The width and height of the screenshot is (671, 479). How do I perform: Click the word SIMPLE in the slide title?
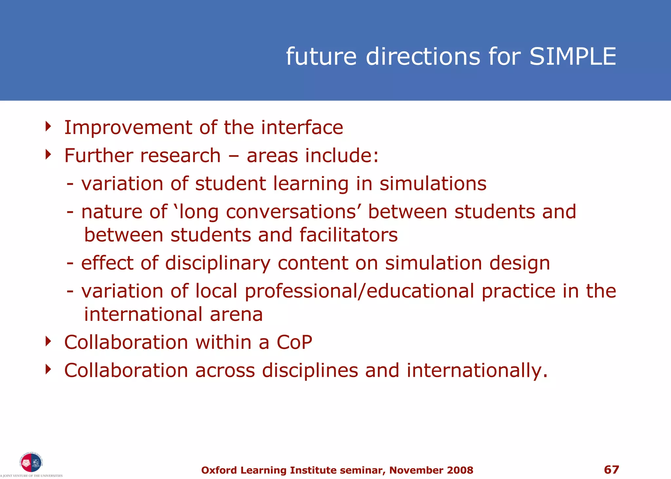(573, 57)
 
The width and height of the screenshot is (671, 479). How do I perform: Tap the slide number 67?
(611, 470)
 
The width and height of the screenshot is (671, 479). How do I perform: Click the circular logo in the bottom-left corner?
(31, 463)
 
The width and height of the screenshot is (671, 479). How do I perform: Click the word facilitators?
(348, 235)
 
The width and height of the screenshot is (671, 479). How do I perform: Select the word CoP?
(294, 342)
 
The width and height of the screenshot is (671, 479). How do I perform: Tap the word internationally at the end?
(477, 371)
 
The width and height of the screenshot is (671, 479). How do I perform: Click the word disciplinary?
(218, 263)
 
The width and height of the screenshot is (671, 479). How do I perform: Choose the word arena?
(236, 315)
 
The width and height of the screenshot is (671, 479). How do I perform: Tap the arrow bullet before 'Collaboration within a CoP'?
(48, 341)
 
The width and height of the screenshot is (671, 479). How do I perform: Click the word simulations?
(433, 184)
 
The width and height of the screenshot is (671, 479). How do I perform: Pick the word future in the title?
(321, 57)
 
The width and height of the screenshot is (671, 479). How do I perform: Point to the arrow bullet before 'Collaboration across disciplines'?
(48, 369)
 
